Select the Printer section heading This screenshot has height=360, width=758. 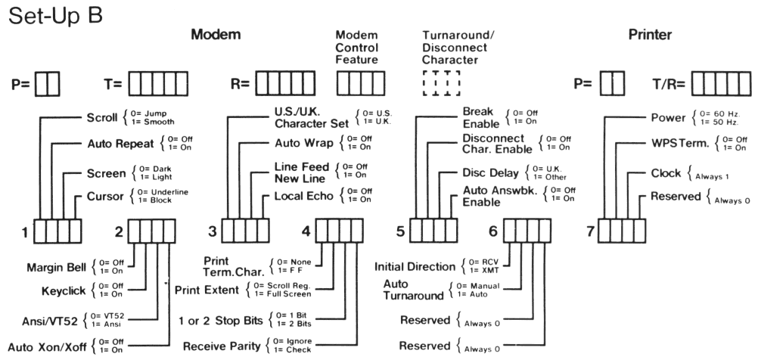coord(650,35)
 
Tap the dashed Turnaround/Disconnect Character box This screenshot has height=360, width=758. coord(442,83)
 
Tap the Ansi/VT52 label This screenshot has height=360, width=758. coord(44,318)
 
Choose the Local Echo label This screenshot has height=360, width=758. coord(300,197)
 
